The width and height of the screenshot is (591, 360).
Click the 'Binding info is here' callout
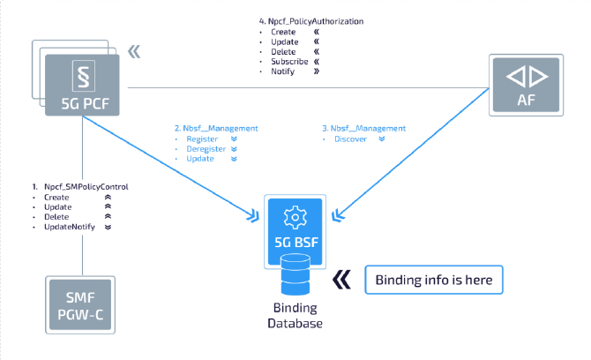click(433, 281)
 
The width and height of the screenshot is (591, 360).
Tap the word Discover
click(352, 139)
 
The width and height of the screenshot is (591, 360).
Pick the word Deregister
click(205, 149)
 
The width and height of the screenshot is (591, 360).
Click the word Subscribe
click(290, 62)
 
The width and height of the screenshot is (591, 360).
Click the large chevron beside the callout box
click(341, 281)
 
